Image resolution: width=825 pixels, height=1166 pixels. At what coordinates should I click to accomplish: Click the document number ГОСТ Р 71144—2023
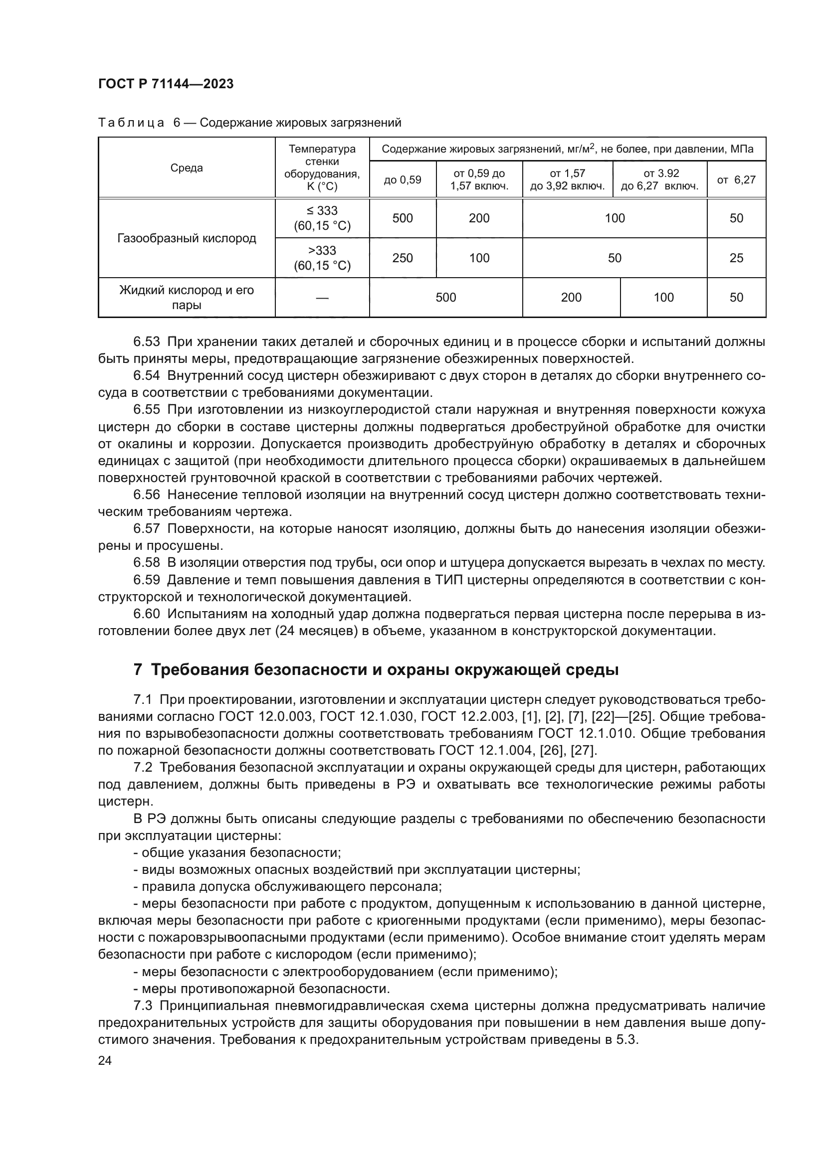(x=166, y=84)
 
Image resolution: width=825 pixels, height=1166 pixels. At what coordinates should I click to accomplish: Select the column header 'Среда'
(x=187, y=168)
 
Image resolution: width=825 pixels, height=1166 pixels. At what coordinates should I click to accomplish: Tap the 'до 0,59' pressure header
(x=403, y=180)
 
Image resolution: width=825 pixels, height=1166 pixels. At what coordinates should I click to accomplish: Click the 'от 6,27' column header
(x=736, y=180)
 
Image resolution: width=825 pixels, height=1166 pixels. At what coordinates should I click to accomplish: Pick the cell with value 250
(x=403, y=258)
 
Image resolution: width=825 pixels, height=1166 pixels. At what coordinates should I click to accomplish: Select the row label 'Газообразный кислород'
(x=187, y=238)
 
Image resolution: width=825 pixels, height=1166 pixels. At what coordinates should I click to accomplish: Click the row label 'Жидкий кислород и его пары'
(x=187, y=298)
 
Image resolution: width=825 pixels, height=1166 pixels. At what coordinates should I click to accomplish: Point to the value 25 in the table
(x=736, y=258)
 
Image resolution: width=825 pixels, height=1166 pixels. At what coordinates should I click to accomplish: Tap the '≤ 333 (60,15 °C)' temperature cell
(x=322, y=218)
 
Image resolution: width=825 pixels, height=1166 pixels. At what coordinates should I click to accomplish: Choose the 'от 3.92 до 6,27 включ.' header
(x=660, y=180)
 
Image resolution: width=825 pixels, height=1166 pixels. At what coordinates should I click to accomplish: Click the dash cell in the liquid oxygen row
(x=322, y=298)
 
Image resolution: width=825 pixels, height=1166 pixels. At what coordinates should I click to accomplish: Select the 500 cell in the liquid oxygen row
(x=445, y=298)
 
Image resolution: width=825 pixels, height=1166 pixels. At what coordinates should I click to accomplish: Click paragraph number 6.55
(x=146, y=410)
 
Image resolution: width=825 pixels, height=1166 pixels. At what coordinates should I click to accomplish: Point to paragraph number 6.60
(x=146, y=614)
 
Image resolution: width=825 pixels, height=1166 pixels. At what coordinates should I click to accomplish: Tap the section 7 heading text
(x=376, y=670)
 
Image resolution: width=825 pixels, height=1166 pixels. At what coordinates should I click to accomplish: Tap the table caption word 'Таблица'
(x=131, y=123)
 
